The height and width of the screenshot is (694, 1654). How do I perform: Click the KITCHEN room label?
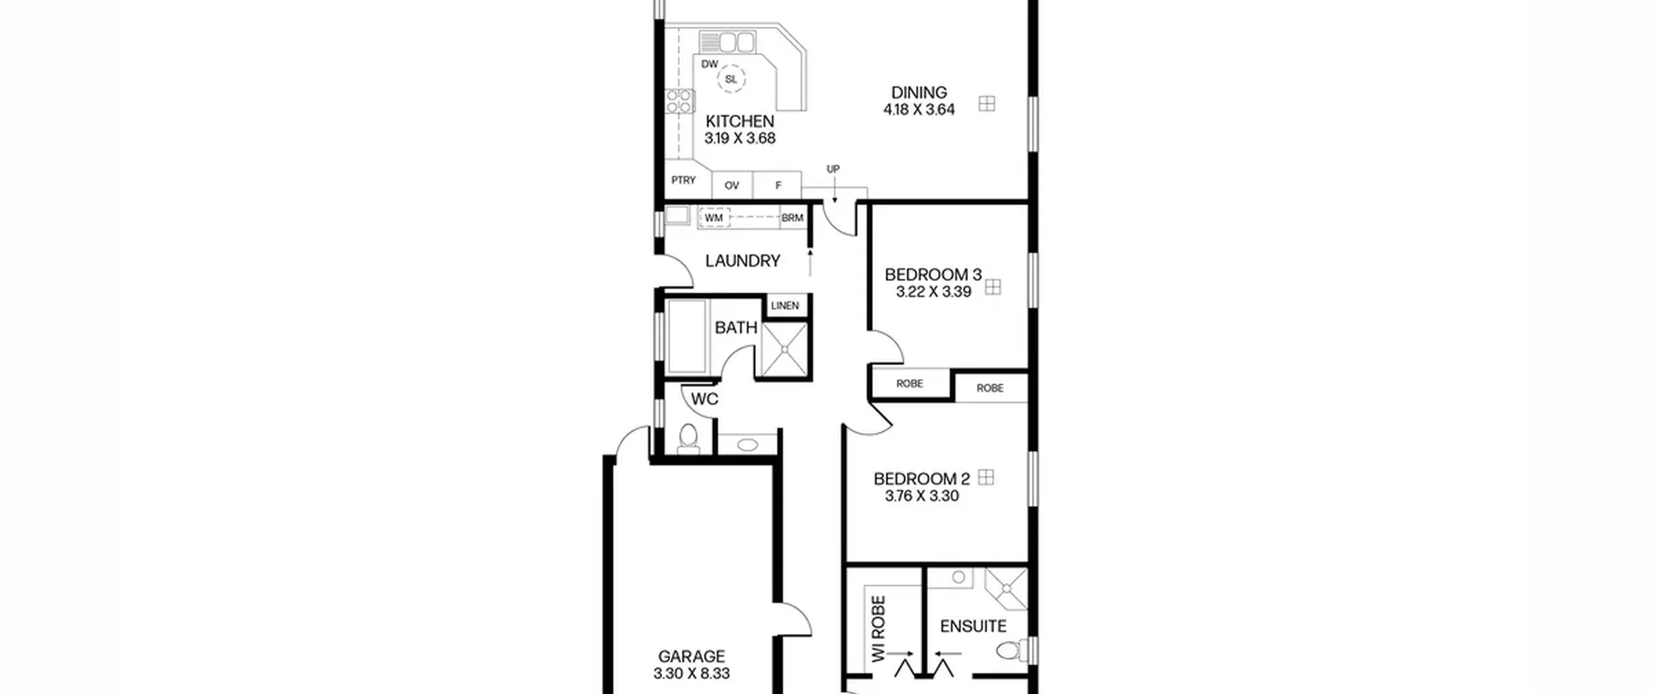coord(740,121)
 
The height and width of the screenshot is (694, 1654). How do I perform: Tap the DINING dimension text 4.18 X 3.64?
coord(919,110)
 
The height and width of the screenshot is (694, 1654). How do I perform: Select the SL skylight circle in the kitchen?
coord(731,79)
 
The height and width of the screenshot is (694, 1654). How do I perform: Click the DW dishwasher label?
coord(709,64)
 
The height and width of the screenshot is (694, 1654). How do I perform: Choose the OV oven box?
coord(732,185)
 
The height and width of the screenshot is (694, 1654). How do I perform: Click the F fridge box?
coord(778,185)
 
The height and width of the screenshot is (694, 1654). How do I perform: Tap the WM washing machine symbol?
coord(714,218)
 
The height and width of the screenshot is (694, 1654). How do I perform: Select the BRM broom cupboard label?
coord(792,218)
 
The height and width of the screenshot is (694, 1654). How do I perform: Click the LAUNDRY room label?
coord(742,261)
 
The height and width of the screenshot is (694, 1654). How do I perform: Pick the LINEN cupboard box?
coord(786,305)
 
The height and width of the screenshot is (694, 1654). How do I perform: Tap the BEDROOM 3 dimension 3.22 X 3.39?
coord(934,292)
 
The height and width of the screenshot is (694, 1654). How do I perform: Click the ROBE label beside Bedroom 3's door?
coord(910,383)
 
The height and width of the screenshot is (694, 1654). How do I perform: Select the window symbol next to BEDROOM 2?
coord(985,477)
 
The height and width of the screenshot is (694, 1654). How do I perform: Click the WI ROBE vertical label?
coord(878,629)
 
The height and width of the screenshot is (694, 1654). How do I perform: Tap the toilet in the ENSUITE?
coord(1010,649)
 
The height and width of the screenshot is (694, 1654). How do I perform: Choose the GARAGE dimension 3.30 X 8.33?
coord(691,673)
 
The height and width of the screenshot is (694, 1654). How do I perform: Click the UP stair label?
coord(833,169)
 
